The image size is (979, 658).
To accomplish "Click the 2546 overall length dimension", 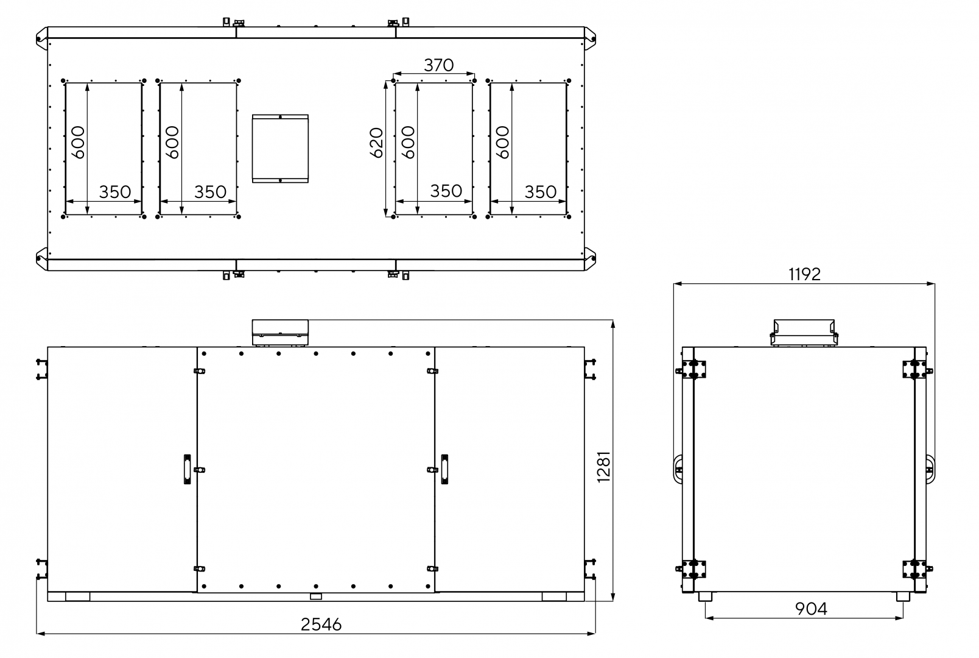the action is [321, 624].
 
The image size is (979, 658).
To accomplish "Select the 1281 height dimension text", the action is [604, 467].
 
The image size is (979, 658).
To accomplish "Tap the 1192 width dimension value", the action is [805, 274].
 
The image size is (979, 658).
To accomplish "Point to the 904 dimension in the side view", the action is [811, 609].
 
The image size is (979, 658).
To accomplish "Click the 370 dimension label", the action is [439, 65].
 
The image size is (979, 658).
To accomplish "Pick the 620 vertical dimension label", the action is [376, 143].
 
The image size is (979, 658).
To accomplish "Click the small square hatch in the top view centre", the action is [280, 149].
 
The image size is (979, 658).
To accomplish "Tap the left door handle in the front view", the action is [188, 470].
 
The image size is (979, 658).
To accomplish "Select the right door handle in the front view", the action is [444, 470].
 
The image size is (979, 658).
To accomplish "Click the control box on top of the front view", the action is [280, 333].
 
